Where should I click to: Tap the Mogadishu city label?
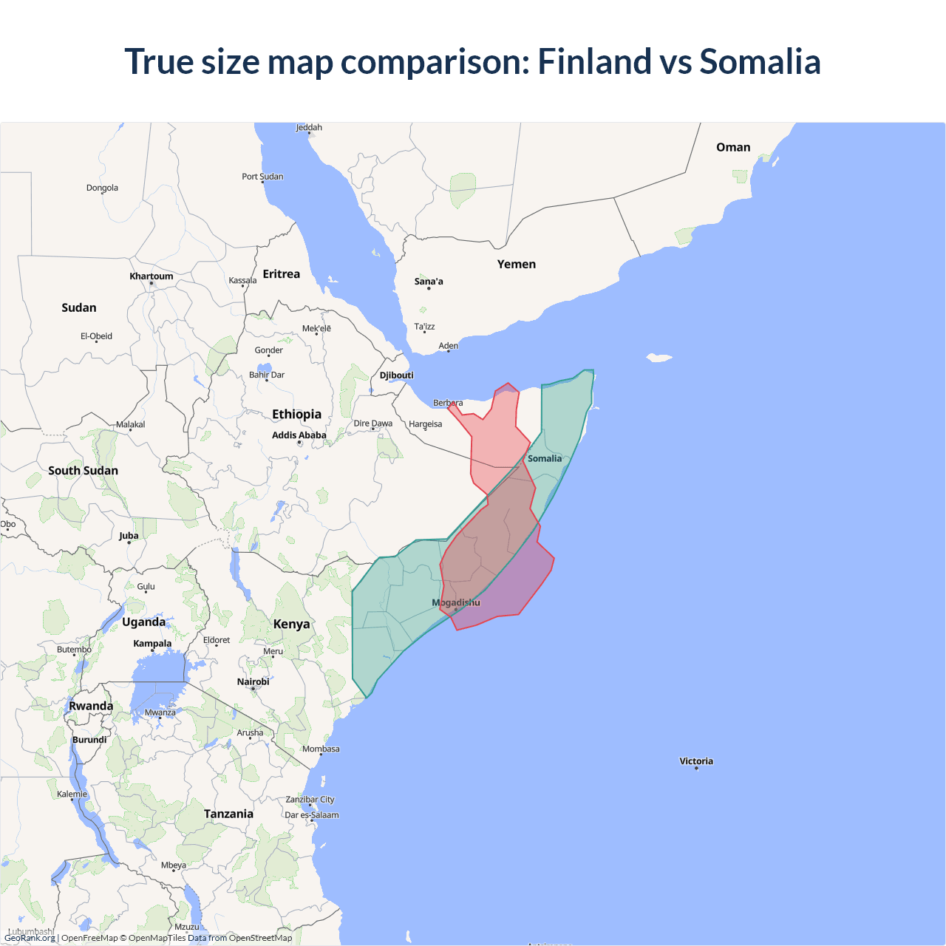(456, 602)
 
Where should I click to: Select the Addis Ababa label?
(299, 435)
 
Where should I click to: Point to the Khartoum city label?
(151, 276)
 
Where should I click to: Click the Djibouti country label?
(397, 375)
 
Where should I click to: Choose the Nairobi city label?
(253, 682)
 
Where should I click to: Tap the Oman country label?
(733, 148)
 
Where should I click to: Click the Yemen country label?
(516, 265)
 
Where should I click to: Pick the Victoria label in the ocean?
(696, 761)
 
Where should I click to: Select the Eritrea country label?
(282, 274)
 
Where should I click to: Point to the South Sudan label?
(83, 471)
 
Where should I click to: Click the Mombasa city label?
(321, 749)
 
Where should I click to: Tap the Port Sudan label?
(262, 177)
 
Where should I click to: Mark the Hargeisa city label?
(425, 424)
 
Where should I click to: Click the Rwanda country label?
(91, 706)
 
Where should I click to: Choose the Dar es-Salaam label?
(312, 815)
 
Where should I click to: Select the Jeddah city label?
(309, 128)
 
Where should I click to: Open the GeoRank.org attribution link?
(30, 938)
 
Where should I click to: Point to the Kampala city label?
(152, 644)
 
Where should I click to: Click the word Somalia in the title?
(760, 61)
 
